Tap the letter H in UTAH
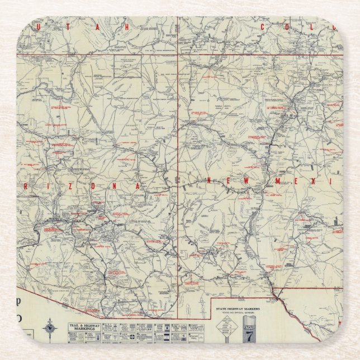[x=127, y=27]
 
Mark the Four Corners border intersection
[x=178, y=54]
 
